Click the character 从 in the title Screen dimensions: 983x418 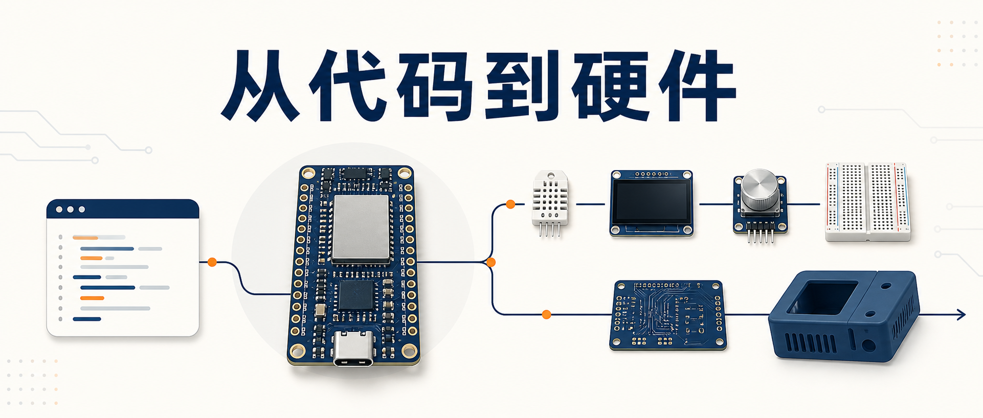click(x=260, y=86)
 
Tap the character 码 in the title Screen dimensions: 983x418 click(x=435, y=86)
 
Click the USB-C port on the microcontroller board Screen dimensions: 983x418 click(x=353, y=348)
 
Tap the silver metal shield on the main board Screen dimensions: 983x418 click(x=361, y=228)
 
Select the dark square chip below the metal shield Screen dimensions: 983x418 click(x=356, y=295)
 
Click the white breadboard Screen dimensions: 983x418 click(x=868, y=202)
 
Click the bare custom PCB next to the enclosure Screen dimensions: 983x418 click(x=668, y=315)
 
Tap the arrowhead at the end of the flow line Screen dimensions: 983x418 click(x=961, y=315)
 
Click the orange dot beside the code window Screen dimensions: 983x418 click(x=212, y=262)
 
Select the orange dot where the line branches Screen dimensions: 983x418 click(x=491, y=262)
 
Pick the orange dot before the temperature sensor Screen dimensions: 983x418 click(x=510, y=204)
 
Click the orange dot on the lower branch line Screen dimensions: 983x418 click(x=547, y=314)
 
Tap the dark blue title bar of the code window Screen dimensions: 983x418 click(x=123, y=209)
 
